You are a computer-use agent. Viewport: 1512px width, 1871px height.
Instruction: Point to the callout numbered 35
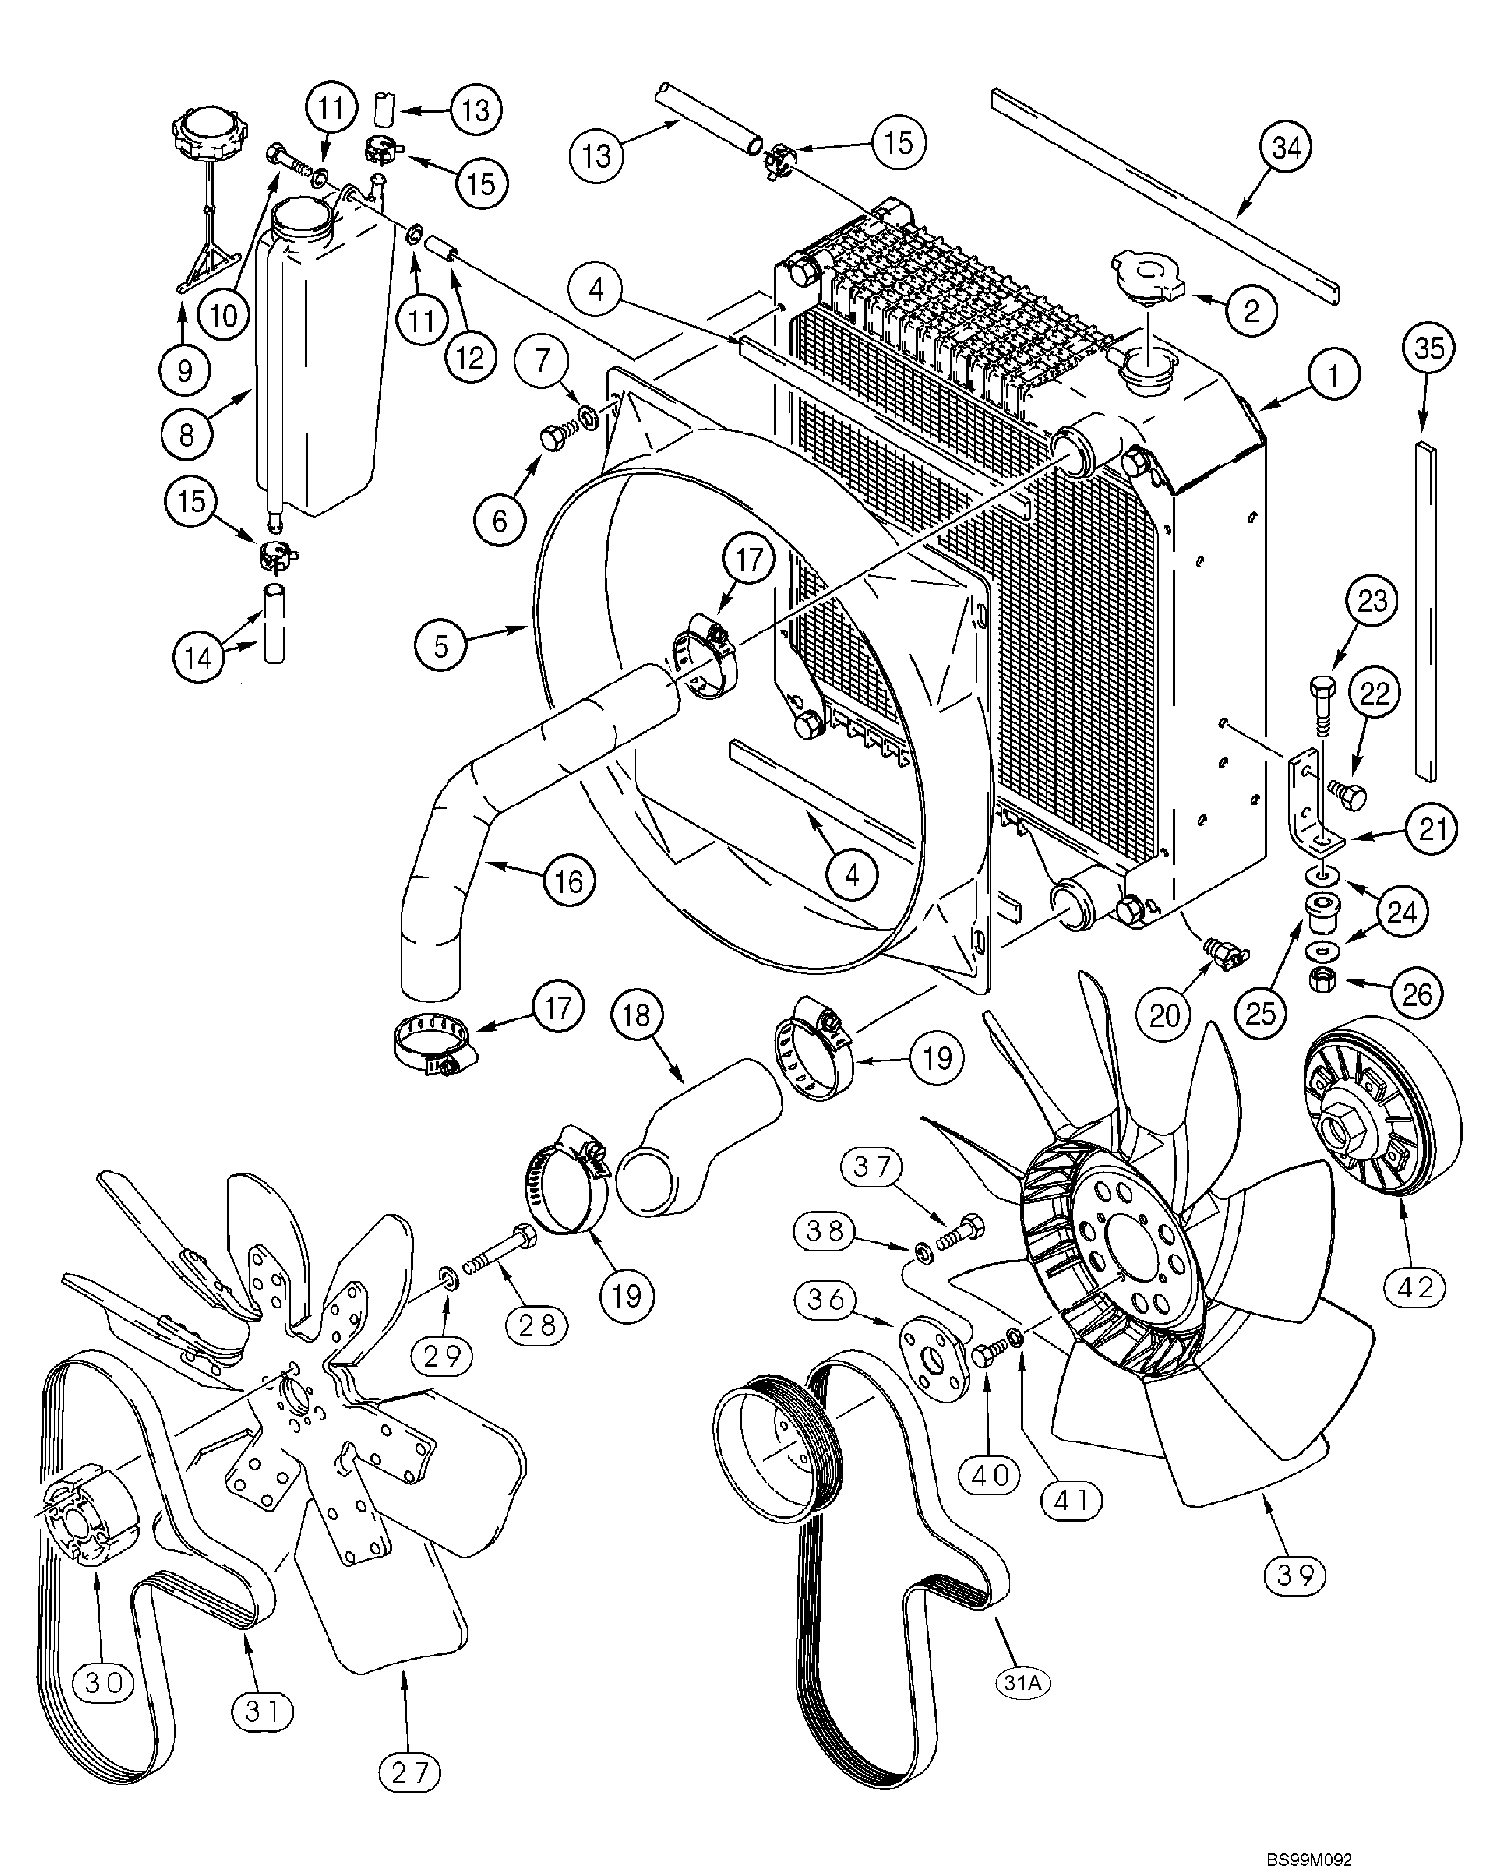(x=1428, y=349)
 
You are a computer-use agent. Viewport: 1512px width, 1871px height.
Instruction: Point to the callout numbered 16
(x=569, y=881)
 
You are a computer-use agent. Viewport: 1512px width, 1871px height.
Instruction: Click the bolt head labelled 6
(x=551, y=437)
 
